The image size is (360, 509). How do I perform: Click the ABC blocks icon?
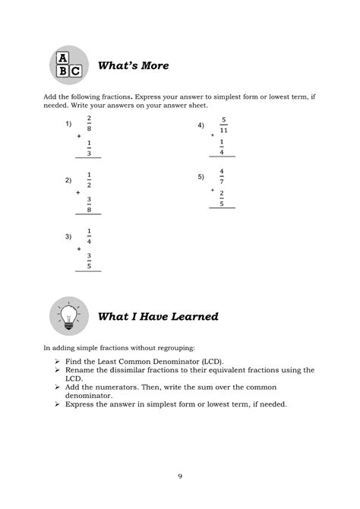pos(67,65)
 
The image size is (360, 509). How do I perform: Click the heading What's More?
pos(133,66)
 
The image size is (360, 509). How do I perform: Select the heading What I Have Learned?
pos(159,316)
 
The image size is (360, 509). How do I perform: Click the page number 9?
pos(180,476)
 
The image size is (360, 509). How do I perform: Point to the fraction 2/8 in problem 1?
pos(89,123)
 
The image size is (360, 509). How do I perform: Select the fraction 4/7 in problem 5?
pos(222,175)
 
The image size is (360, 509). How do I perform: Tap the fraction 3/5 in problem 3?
pos(89,261)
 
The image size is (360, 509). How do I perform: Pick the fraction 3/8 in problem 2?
pos(89,204)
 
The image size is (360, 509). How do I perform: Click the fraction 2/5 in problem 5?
pos(222,200)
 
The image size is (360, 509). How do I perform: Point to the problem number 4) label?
pos(201,125)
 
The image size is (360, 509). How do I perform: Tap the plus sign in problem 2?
pos(77,192)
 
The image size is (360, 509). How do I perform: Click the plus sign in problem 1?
pos(77,134)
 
